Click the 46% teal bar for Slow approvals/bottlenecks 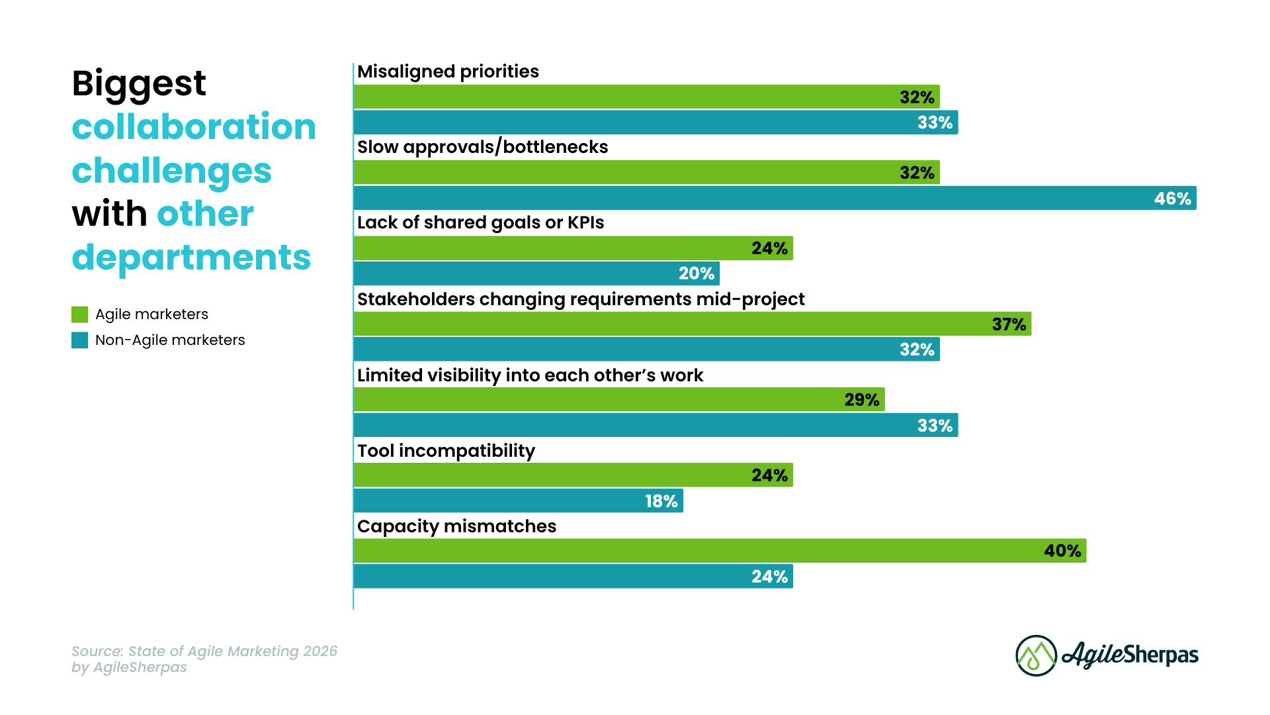774,198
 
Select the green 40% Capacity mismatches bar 720,551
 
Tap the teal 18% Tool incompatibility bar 518,501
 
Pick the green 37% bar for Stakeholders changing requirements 692,324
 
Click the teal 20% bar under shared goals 536,273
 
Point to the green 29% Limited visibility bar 618,400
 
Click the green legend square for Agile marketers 80,314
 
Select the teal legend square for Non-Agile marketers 80,340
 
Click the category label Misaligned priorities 448,71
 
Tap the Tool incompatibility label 446,451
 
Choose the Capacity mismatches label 456,526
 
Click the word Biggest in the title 139,83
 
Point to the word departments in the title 191,257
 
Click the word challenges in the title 171,170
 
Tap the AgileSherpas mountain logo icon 1036,655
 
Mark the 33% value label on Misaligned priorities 935,122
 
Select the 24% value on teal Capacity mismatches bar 769,577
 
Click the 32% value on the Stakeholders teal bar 917,350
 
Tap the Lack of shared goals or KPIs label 480,222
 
